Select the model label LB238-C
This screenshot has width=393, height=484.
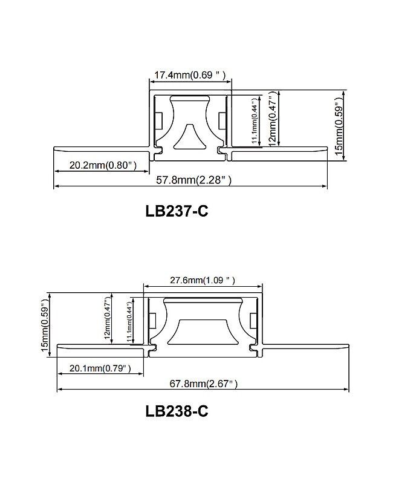click(177, 411)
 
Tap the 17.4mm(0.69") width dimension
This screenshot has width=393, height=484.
click(190, 75)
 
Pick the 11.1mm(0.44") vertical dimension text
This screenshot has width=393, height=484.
click(255, 120)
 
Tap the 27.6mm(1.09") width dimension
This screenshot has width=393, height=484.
click(202, 280)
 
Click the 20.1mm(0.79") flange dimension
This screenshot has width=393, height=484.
click(100, 368)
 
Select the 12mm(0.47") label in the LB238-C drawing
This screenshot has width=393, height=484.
click(108, 319)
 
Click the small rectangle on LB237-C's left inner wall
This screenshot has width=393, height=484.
click(158, 120)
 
